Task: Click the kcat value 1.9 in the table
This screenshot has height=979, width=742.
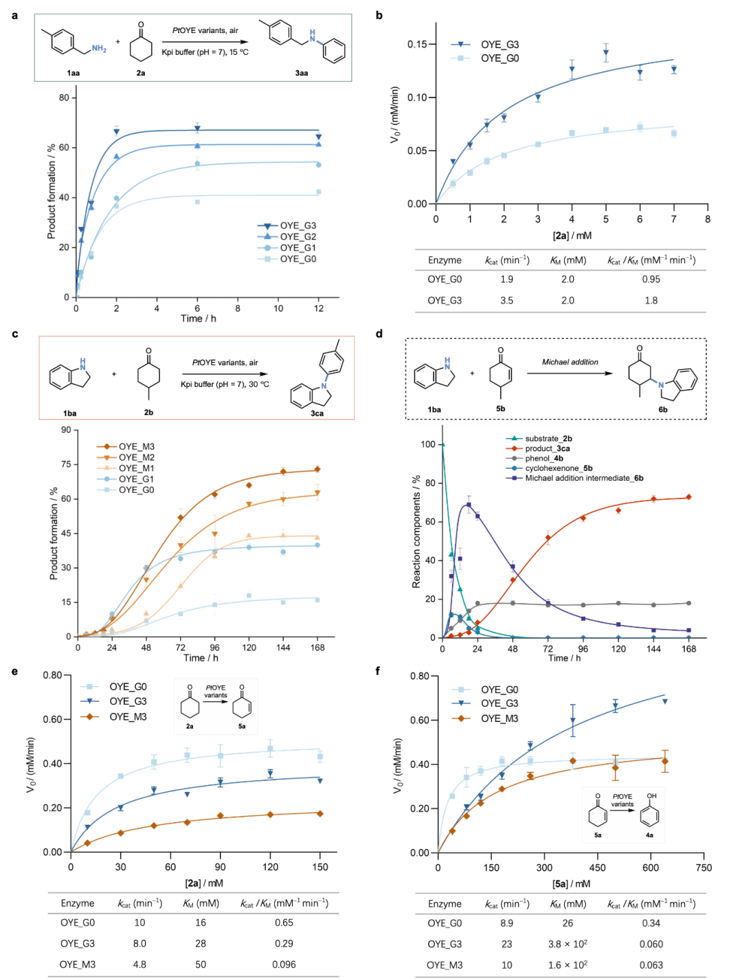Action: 506,279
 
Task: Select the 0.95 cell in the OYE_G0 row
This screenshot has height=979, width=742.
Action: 651,279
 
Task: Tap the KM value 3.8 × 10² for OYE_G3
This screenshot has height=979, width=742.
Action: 567,944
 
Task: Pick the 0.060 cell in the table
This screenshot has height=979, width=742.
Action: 651,944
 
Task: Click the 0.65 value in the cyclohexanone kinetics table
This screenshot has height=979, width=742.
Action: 284,923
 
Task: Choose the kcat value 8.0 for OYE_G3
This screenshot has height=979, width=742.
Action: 139,943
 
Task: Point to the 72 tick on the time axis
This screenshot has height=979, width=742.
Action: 548,649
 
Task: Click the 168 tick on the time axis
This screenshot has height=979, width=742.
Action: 688,649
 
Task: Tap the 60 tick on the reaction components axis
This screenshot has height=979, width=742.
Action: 429,522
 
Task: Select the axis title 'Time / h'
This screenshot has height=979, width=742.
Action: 564,659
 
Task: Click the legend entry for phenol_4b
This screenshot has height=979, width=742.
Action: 544,459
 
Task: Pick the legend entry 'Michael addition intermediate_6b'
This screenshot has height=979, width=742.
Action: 584,478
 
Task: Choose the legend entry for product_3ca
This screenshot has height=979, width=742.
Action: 548,449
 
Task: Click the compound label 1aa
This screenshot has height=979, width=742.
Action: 73,73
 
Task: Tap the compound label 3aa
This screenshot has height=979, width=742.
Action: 302,73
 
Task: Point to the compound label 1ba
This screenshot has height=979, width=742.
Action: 69,413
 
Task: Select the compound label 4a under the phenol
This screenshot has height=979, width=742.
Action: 649,835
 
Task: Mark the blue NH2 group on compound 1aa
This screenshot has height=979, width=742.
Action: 100,48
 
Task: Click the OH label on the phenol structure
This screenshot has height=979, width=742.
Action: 651,796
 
